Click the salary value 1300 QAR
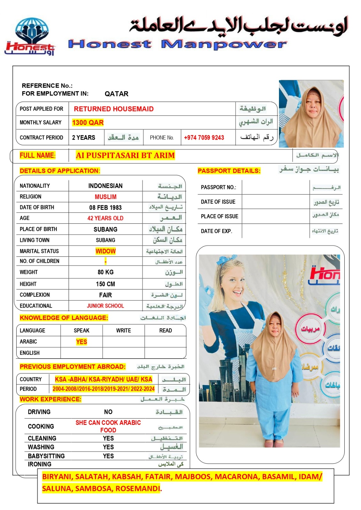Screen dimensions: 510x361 (88, 123)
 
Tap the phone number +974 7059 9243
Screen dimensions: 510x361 (204, 138)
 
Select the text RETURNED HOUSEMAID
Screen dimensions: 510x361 (114, 109)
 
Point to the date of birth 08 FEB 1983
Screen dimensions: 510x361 (105, 208)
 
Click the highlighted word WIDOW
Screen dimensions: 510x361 (105, 251)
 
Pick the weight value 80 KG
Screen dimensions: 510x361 (105, 272)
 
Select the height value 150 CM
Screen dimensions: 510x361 (105, 284)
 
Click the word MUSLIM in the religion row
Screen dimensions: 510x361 (105, 197)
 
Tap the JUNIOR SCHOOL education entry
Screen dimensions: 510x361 (105, 306)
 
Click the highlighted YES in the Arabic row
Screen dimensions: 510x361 (81, 342)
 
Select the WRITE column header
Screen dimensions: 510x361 (124, 331)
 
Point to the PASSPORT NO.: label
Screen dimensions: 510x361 (218, 187)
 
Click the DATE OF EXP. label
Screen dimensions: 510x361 (216, 231)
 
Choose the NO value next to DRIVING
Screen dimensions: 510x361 (108, 412)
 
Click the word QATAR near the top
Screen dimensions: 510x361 (117, 94)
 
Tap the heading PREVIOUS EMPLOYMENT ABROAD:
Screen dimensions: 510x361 (72, 367)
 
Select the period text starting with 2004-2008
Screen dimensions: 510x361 (103, 389)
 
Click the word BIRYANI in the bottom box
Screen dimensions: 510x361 (57, 477)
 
